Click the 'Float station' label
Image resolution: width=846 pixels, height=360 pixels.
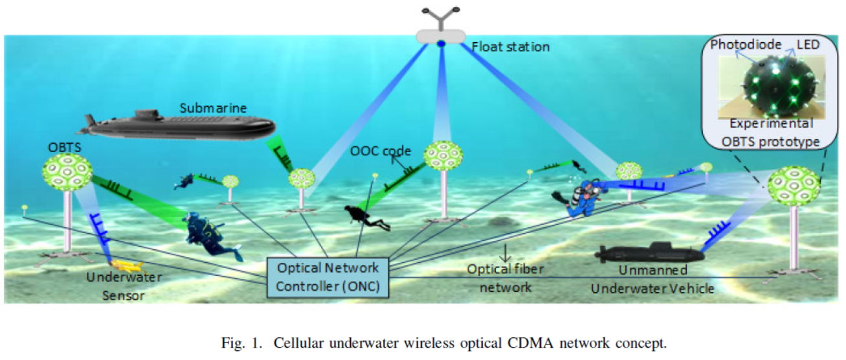(x=511, y=47)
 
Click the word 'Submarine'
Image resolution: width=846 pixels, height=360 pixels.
(x=214, y=107)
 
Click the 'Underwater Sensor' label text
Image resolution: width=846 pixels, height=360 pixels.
(x=126, y=286)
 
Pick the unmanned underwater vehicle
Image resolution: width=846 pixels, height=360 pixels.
(x=651, y=253)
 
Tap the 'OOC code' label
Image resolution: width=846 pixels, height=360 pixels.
(x=381, y=151)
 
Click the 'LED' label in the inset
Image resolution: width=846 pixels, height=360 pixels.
(x=807, y=45)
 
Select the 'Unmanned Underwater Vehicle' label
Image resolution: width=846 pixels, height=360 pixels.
(x=652, y=279)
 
